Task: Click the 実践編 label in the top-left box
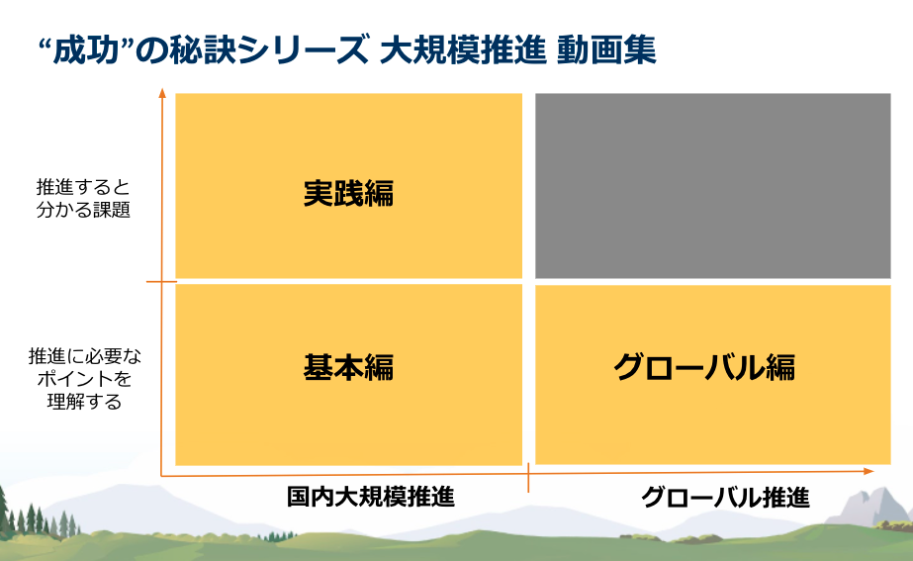tap(348, 194)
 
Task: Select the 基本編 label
tap(348, 368)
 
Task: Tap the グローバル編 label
tap(704, 368)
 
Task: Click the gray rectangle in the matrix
tap(713, 186)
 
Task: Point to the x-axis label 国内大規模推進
tap(371, 497)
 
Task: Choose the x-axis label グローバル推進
tap(725, 498)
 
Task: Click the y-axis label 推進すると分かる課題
tap(83, 198)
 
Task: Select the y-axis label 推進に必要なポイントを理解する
tap(84, 379)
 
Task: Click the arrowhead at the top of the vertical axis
tap(162, 93)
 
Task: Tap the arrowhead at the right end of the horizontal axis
tap(869, 471)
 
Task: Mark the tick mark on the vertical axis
tap(161, 282)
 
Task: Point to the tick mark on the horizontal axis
tap(528, 478)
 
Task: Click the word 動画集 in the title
tap(606, 49)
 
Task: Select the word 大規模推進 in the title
tap(463, 49)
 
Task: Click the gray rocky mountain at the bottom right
tap(867, 508)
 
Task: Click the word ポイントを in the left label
tap(84, 379)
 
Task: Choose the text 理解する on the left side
tap(84, 402)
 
